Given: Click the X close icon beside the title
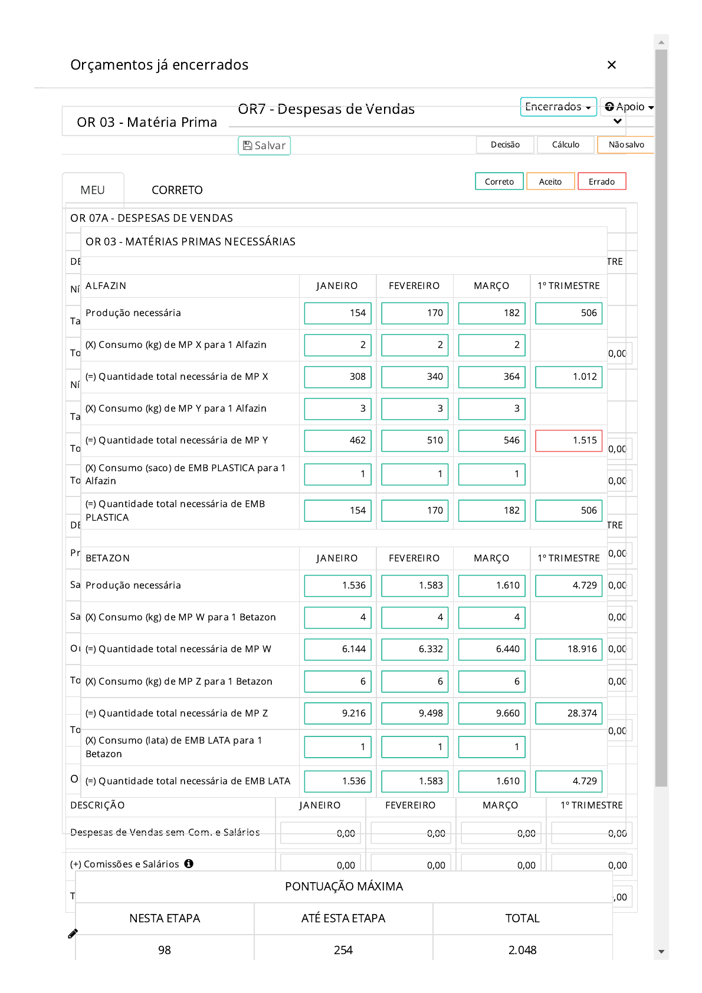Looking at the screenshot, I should (612, 65).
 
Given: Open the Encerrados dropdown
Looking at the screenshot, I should (558, 107).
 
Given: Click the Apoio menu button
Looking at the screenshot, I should (629, 107).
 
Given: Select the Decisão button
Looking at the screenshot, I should (505, 144).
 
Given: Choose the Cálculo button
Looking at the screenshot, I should (565, 144).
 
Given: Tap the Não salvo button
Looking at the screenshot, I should (626, 144).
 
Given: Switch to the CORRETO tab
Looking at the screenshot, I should (177, 190).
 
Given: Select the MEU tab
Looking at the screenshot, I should (93, 190).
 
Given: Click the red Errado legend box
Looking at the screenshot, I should (601, 182).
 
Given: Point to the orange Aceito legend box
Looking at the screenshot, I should (550, 182).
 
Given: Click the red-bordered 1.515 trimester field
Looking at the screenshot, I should (569, 440).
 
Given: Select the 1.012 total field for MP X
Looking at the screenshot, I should (569, 377).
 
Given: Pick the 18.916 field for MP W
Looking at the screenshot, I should (569, 649).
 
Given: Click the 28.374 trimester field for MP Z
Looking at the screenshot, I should (569, 713).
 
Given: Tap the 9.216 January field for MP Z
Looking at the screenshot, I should (337, 713).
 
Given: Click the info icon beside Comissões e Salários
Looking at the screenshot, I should (189, 864).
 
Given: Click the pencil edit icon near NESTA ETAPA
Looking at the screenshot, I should (73, 933).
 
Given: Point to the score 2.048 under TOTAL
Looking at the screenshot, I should (522, 950).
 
